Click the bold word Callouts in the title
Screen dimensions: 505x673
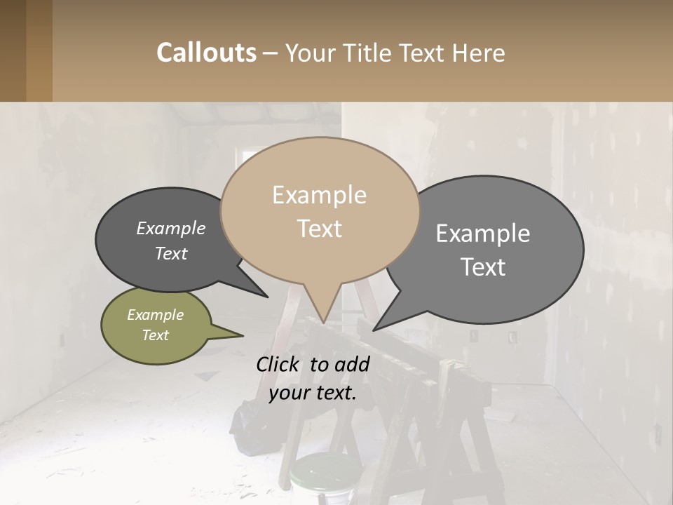point(206,53)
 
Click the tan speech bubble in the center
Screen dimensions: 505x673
point(320,210)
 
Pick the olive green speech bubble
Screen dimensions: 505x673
point(156,325)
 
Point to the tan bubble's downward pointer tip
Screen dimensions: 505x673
point(323,323)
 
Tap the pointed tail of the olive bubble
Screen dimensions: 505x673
point(242,335)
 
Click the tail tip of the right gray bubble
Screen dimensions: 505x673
point(374,329)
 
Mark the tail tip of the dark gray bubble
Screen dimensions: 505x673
point(267,297)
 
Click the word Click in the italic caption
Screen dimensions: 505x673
point(279,364)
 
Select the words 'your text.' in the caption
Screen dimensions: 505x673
point(313,393)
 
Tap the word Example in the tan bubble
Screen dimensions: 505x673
point(319,195)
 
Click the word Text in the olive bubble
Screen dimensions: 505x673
point(156,335)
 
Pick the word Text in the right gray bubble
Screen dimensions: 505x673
point(484,267)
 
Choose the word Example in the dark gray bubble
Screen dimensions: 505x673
point(171,229)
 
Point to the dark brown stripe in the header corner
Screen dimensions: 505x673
point(13,50)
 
